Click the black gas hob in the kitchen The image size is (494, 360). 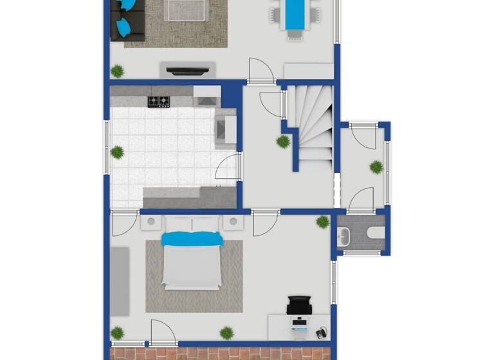pyautogui.click(x=158, y=101)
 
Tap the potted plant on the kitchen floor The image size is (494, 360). pyautogui.click(x=117, y=152)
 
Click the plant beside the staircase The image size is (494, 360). pyautogui.click(x=283, y=141)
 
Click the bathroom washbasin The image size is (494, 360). pyautogui.click(x=345, y=236)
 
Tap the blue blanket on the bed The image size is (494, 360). pyautogui.click(x=192, y=239)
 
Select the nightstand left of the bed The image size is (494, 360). pyautogui.click(x=151, y=222)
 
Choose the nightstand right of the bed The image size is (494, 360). pyautogui.click(x=233, y=222)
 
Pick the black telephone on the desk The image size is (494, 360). pyautogui.click(x=321, y=333)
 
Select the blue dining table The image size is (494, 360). pyautogui.click(x=295, y=14)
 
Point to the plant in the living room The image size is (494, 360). pyautogui.click(x=117, y=71)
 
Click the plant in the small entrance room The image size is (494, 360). pyautogui.click(x=376, y=167)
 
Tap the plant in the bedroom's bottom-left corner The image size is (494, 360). pyautogui.click(x=117, y=333)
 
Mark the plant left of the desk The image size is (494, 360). pyautogui.click(x=226, y=332)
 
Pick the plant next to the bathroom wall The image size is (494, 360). pyautogui.click(x=322, y=222)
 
